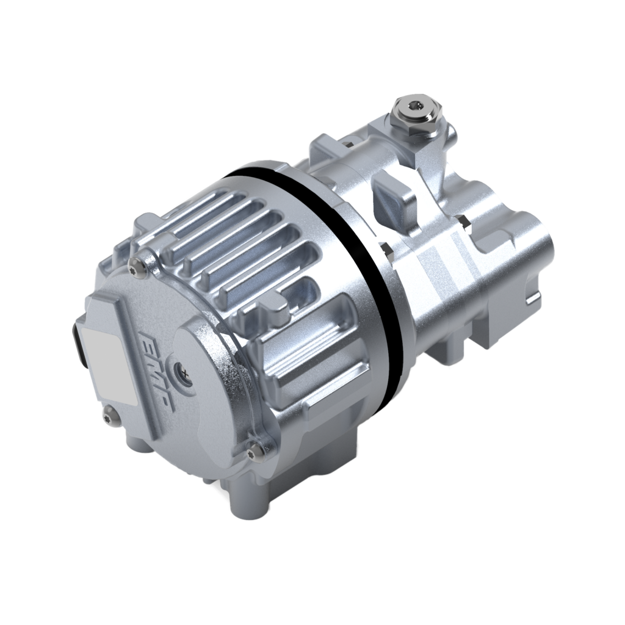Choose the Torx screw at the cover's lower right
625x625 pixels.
(257, 449)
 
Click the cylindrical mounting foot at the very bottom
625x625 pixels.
(244, 497)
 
